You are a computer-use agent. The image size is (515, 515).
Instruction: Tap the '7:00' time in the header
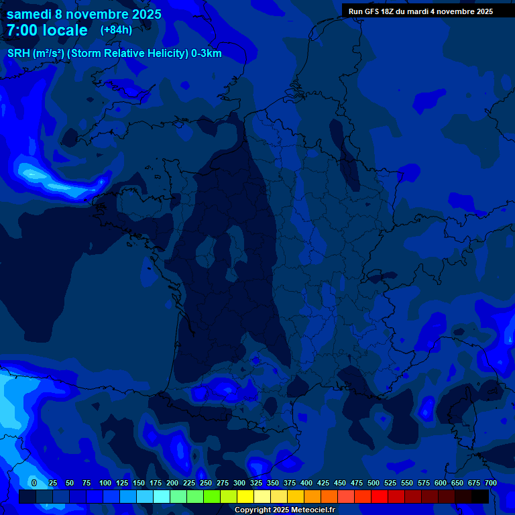tap(22, 31)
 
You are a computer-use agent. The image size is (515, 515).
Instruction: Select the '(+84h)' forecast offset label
tap(116, 30)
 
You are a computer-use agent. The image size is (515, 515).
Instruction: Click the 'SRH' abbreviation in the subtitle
tap(18, 54)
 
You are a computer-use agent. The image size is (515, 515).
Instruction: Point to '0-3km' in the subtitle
tap(206, 54)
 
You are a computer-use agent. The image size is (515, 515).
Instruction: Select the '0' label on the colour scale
tap(34, 483)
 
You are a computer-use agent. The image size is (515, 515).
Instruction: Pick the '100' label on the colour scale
tap(105, 483)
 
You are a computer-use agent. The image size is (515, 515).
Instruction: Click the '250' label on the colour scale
tap(206, 483)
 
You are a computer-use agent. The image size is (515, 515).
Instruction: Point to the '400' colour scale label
tap(306, 483)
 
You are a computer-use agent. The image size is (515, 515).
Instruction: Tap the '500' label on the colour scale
tap(374, 483)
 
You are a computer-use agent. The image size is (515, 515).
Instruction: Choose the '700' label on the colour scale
tap(491, 483)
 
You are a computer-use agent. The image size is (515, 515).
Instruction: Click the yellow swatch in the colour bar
tap(245, 496)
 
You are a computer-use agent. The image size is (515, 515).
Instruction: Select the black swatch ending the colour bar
tap(480, 496)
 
